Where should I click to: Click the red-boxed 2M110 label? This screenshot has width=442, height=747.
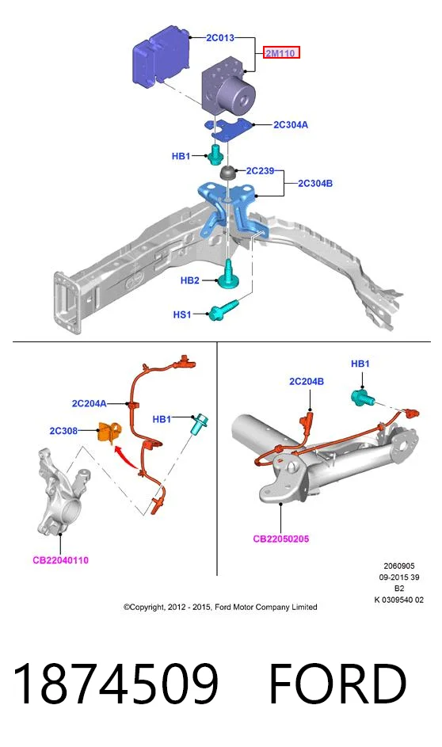281,53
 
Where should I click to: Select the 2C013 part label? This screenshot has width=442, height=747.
220,37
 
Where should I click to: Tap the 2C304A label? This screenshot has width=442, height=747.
291,125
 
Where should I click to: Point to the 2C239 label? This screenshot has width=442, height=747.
260,170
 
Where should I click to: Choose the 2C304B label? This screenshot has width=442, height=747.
315,183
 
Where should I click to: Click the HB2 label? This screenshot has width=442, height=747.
189,280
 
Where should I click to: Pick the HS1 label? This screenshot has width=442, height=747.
182,314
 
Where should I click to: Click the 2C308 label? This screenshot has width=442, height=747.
63,431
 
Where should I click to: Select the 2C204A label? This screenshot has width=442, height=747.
89,403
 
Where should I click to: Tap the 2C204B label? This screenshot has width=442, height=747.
307,381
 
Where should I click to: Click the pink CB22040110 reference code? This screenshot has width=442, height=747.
60,560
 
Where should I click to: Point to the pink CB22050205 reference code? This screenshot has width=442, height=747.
281,539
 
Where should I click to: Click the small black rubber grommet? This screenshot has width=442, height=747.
228,172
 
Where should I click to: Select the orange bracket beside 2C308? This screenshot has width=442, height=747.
109,433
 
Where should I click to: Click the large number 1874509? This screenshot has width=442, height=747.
116,684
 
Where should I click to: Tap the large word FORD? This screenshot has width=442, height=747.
338,684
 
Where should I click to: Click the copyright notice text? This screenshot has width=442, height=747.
220,607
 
